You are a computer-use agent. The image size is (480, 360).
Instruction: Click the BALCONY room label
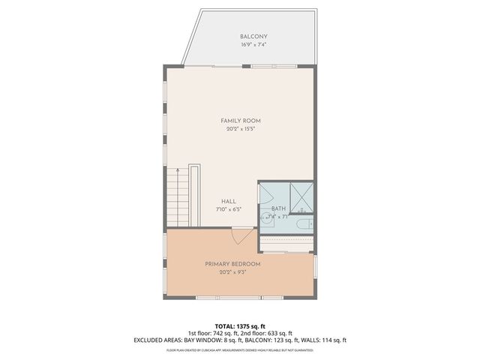pyautogui.click(x=253, y=37)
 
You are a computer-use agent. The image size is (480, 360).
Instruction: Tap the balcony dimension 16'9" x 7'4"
pyautogui.click(x=253, y=45)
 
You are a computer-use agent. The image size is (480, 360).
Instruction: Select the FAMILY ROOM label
pyautogui.click(x=240, y=121)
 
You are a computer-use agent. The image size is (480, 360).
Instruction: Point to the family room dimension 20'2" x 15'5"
pyautogui.click(x=240, y=129)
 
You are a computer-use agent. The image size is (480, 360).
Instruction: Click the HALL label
pyautogui.click(x=229, y=201)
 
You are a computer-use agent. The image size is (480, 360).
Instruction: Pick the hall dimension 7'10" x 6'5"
pyautogui.click(x=229, y=209)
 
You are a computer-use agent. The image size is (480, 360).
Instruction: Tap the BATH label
pyautogui.click(x=278, y=208)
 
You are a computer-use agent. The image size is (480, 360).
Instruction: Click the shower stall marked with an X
pyautogui.click(x=301, y=198)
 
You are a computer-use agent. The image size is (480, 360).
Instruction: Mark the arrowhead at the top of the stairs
pyautogui.click(x=177, y=170)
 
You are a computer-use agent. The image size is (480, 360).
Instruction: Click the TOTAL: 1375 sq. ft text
pyautogui.click(x=240, y=325)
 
